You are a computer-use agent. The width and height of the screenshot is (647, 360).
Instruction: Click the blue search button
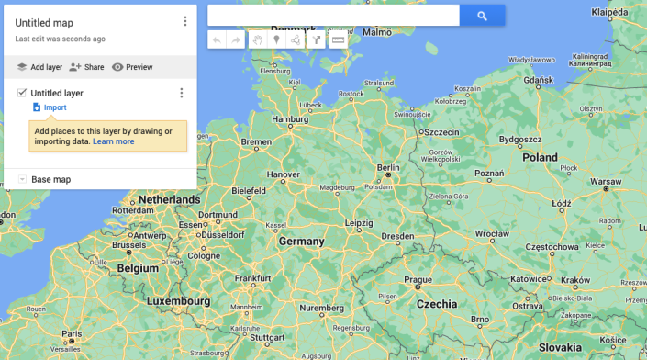(x=482, y=15)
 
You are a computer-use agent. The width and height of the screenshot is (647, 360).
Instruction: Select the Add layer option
(x=39, y=67)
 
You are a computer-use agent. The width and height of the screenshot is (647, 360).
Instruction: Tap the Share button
(x=87, y=67)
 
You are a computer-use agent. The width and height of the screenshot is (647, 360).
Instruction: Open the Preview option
(x=132, y=67)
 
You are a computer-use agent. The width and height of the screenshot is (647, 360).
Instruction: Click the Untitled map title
(x=44, y=22)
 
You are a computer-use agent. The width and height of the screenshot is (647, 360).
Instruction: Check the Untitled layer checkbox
(x=22, y=92)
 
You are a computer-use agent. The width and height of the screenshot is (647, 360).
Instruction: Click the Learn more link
(x=113, y=141)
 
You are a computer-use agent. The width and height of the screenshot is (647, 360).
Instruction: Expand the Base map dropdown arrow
(x=22, y=179)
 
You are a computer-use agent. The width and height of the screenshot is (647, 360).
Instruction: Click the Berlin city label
(x=388, y=168)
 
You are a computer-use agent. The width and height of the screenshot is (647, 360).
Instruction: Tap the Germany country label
(x=302, y=242)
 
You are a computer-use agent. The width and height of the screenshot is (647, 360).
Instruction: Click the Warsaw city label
(x=606, y=182)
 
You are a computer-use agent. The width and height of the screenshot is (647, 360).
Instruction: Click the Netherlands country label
(x=169, y=199)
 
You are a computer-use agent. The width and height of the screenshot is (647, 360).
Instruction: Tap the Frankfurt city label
(x=253, y=278)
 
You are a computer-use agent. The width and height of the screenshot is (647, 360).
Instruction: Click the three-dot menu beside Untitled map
(x=185, y=21)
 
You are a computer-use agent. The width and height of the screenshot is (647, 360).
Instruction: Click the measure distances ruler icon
(x=339, y=39)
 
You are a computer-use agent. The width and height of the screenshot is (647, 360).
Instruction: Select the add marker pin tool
(x=276, y=39)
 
